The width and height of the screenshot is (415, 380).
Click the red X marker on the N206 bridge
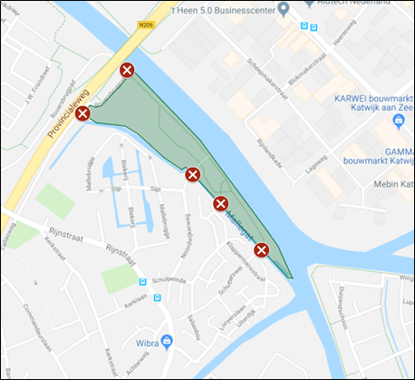(127, 70)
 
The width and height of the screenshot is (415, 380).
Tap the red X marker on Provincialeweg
(82, 113)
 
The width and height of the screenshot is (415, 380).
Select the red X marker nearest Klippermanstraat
(261, 249)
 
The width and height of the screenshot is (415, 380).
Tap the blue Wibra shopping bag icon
(166, 342)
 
